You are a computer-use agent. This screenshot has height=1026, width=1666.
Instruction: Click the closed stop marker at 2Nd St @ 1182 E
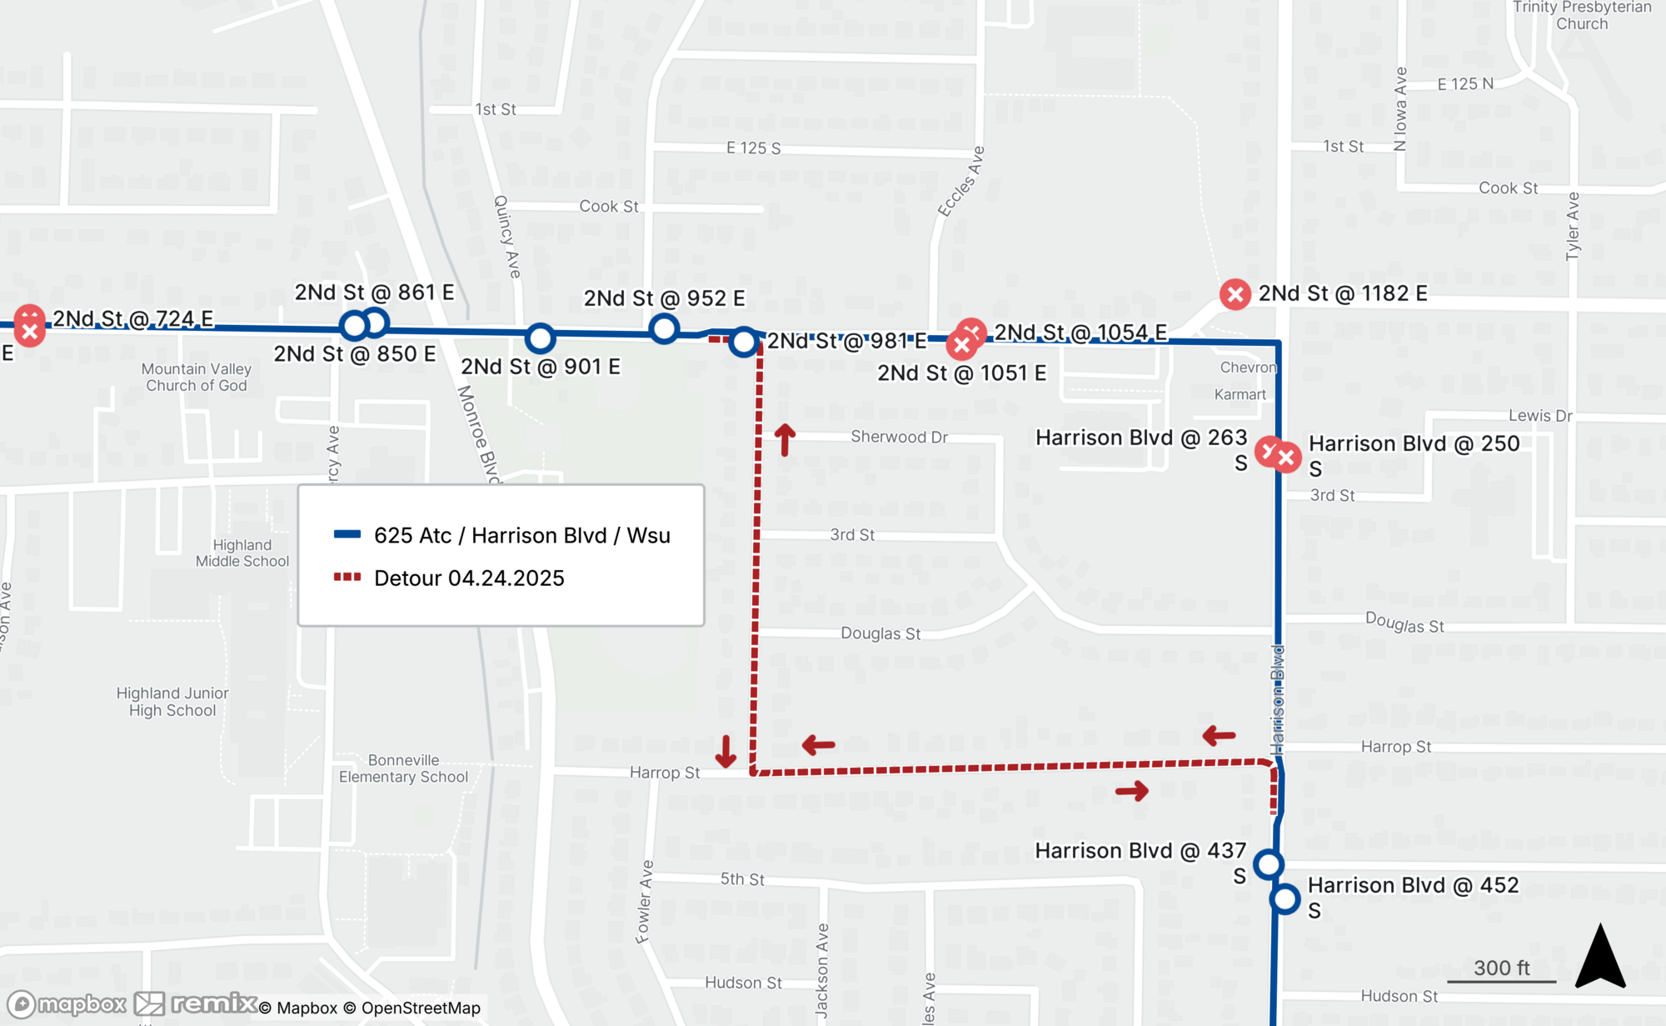coord(1235,294)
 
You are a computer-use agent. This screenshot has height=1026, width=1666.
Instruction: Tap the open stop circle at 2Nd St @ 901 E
coord(540,338)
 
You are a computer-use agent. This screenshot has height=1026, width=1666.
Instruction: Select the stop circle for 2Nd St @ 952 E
coord(664,329)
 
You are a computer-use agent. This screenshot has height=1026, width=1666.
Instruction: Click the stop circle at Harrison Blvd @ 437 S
coord(1268,864)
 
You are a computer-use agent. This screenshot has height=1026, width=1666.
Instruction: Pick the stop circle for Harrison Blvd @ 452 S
coord(1284,899)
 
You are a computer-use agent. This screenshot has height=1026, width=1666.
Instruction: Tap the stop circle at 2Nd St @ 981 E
coord(743,342)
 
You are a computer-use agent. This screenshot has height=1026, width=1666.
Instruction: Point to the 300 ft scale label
coord(1501,968)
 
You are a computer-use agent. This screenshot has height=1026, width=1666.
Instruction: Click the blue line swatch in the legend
coord(347,534)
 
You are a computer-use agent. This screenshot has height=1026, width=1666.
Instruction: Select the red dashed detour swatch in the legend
coord(347,577)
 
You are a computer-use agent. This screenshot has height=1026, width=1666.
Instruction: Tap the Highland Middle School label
coord(242,553)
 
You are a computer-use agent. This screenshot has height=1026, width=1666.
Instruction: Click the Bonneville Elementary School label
coord(403,768)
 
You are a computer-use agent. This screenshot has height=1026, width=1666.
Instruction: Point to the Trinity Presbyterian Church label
coord(1581,15)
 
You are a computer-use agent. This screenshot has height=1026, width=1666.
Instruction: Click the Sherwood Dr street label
coord(899,437)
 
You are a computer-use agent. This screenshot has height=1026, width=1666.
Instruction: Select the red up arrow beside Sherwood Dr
coord(785,439)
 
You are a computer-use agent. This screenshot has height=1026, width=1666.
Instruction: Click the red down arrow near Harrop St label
coord(726,751)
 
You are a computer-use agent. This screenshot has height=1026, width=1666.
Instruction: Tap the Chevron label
coord(1247,368)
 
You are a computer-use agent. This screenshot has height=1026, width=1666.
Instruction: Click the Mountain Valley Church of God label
coord(197,377)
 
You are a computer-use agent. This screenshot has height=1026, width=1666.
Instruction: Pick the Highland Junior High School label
coord(172,702)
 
